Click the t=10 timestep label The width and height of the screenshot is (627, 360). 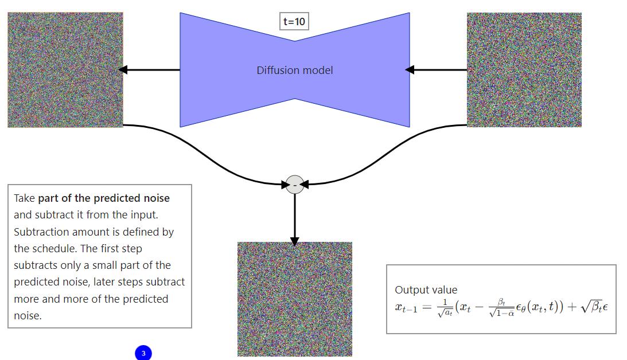pyautogui.click(x=295, y=22)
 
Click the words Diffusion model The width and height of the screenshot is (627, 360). pyautogui.click(x=295, y=71)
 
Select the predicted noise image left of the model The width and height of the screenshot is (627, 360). pyautogui.click(x=65, y=70)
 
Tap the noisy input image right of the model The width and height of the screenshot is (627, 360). pyautogui.click(x=524, y=70)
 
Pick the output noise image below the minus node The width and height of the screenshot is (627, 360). pyautogui.click(x=294, y=299)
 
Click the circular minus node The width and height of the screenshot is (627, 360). pyautogui.click(x=295, y=185)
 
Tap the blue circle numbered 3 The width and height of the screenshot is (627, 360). pyautogui.click(x=143, y=353)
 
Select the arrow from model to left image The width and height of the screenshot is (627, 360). pyautogui.click(x=150, y=70)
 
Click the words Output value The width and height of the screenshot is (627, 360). pyautogui.click(x=426, y=290)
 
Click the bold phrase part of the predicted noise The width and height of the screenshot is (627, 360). pyautogui.click(x=104, y=198)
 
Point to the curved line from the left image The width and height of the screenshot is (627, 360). pyautogui.click(x=207, y=157)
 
